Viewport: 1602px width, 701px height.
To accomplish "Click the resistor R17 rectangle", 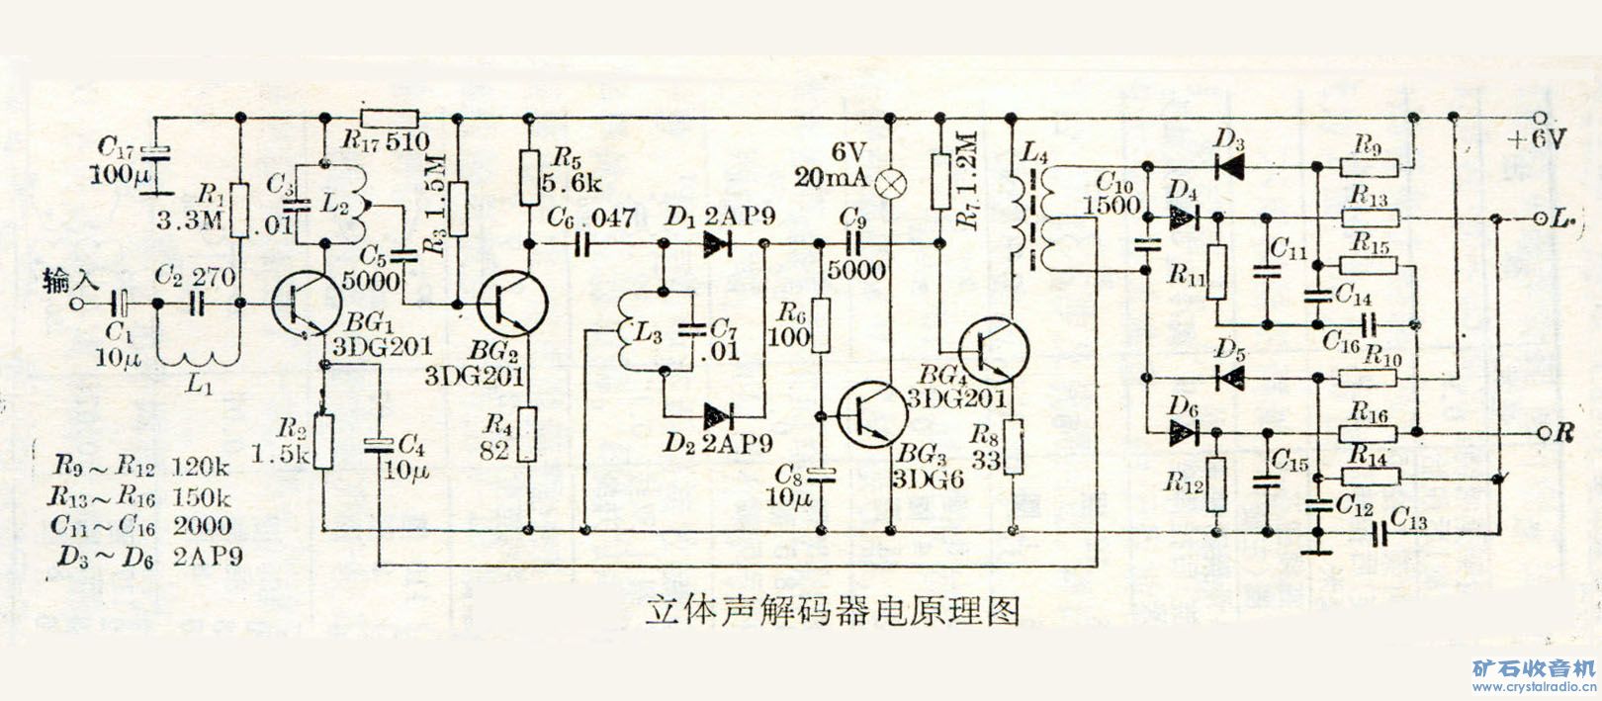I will point(390,117).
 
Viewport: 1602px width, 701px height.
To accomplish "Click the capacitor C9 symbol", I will point(851,243).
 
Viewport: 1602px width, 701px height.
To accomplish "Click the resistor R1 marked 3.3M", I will point(237,210).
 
